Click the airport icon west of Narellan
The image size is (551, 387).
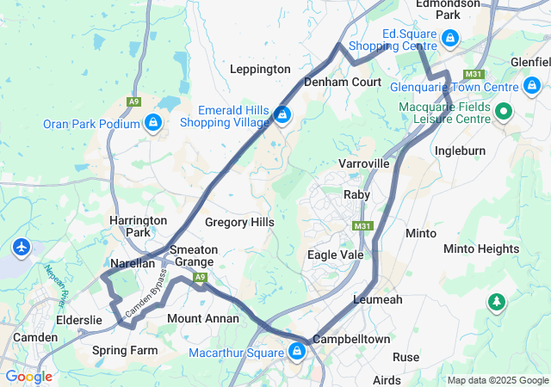coord(22,248)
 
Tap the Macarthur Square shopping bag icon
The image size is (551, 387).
coord(297,352)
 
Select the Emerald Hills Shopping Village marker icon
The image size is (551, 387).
coord(282,114)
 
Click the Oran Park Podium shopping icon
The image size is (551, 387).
coord(152,124)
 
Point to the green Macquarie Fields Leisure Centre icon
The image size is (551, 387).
coord(504,111)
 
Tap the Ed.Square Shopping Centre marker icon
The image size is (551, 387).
coord(449,38)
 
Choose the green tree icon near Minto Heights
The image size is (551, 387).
coord(496,302)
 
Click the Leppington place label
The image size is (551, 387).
coord(260,69)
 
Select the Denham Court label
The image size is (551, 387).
coord(343,83)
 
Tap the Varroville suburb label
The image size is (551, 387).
coord(364,163)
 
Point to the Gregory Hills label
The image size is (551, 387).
coord(239,223)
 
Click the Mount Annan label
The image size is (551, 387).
coord(203,318)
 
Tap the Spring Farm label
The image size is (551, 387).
coord(125,351)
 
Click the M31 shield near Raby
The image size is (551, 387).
coord(362,226)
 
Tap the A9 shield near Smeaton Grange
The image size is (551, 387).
coord(201,277)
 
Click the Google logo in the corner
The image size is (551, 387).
coord(28,377)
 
